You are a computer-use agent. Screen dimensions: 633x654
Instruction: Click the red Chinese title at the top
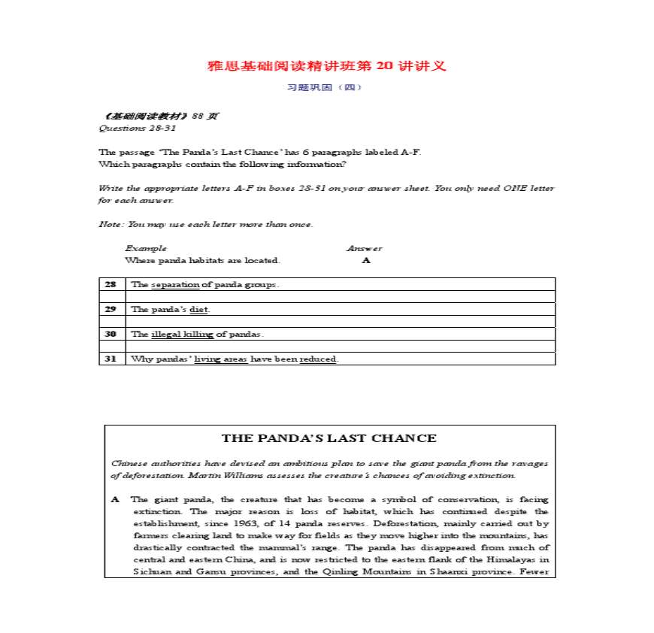pyautogui.click(x=326, y=66)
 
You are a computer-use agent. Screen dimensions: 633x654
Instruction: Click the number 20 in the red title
pyautogui.click(x=383, y=66)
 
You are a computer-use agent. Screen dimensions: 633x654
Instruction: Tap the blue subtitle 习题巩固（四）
pyautogui.click(x=325, y=87)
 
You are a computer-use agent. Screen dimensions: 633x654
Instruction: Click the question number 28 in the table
pyautogui.click(x=111, y=285)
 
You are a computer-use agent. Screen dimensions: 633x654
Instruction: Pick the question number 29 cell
pyautogui.click(x=111, y=309)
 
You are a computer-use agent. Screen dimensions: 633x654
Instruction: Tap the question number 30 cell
pyautogui.click(x=111, y=334)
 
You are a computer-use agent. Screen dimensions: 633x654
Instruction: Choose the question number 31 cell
pyautogui.click(x=111, y=359)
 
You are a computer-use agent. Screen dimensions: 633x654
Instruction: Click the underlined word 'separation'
pyautogui.click(x=175, y=285)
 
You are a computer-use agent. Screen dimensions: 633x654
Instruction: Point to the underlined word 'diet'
pyautogui.click(x=198, y=309)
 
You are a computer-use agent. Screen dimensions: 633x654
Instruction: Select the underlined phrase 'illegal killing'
pyautogui.click(x=182, y=334)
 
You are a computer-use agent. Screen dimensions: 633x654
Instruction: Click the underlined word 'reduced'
pyautogui.click(x=318, y=359)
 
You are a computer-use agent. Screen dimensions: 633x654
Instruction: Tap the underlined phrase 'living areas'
pyautogui.click(x=220, y=359)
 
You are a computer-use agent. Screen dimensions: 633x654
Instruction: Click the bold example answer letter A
pyautogui.click(x=366, y=260)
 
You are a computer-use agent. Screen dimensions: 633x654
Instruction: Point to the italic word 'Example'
pyautogui.click(x=146, y=248)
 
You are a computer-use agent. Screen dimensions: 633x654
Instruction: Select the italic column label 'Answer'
pyautogui.click(x=364, y=248)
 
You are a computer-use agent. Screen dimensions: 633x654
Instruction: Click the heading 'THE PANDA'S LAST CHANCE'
pyautogui.click(x=329, y=438)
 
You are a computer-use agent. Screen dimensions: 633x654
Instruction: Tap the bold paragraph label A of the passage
pyautogui.click(x=115, y=499)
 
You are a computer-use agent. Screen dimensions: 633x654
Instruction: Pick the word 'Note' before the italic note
pyautogui.click(x=110, y=224)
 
